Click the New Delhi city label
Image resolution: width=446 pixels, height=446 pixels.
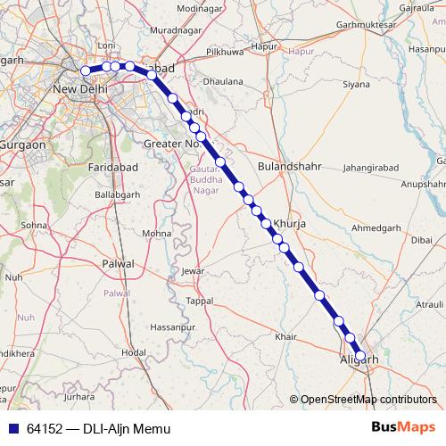click(x=81, y=90)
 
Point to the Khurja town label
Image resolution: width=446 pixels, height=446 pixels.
click(x=289, y=224)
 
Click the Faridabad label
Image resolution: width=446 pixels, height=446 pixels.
click(x=111, y=167)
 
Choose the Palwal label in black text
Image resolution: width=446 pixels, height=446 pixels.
click(x=119, y=264)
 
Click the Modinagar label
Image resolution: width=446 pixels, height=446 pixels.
click(x=199, y=9)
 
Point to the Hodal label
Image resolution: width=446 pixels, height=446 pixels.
click(x=133, y=352)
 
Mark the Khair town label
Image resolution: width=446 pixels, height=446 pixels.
click(x=285, y=336)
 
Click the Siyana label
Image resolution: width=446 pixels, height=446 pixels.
click(x=356, y=86)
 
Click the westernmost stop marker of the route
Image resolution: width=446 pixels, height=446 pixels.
click(x=86, y=70)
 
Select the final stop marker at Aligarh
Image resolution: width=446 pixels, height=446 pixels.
click(x=360, y=356)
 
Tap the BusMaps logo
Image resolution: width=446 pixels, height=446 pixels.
click(x=402, y=428)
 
